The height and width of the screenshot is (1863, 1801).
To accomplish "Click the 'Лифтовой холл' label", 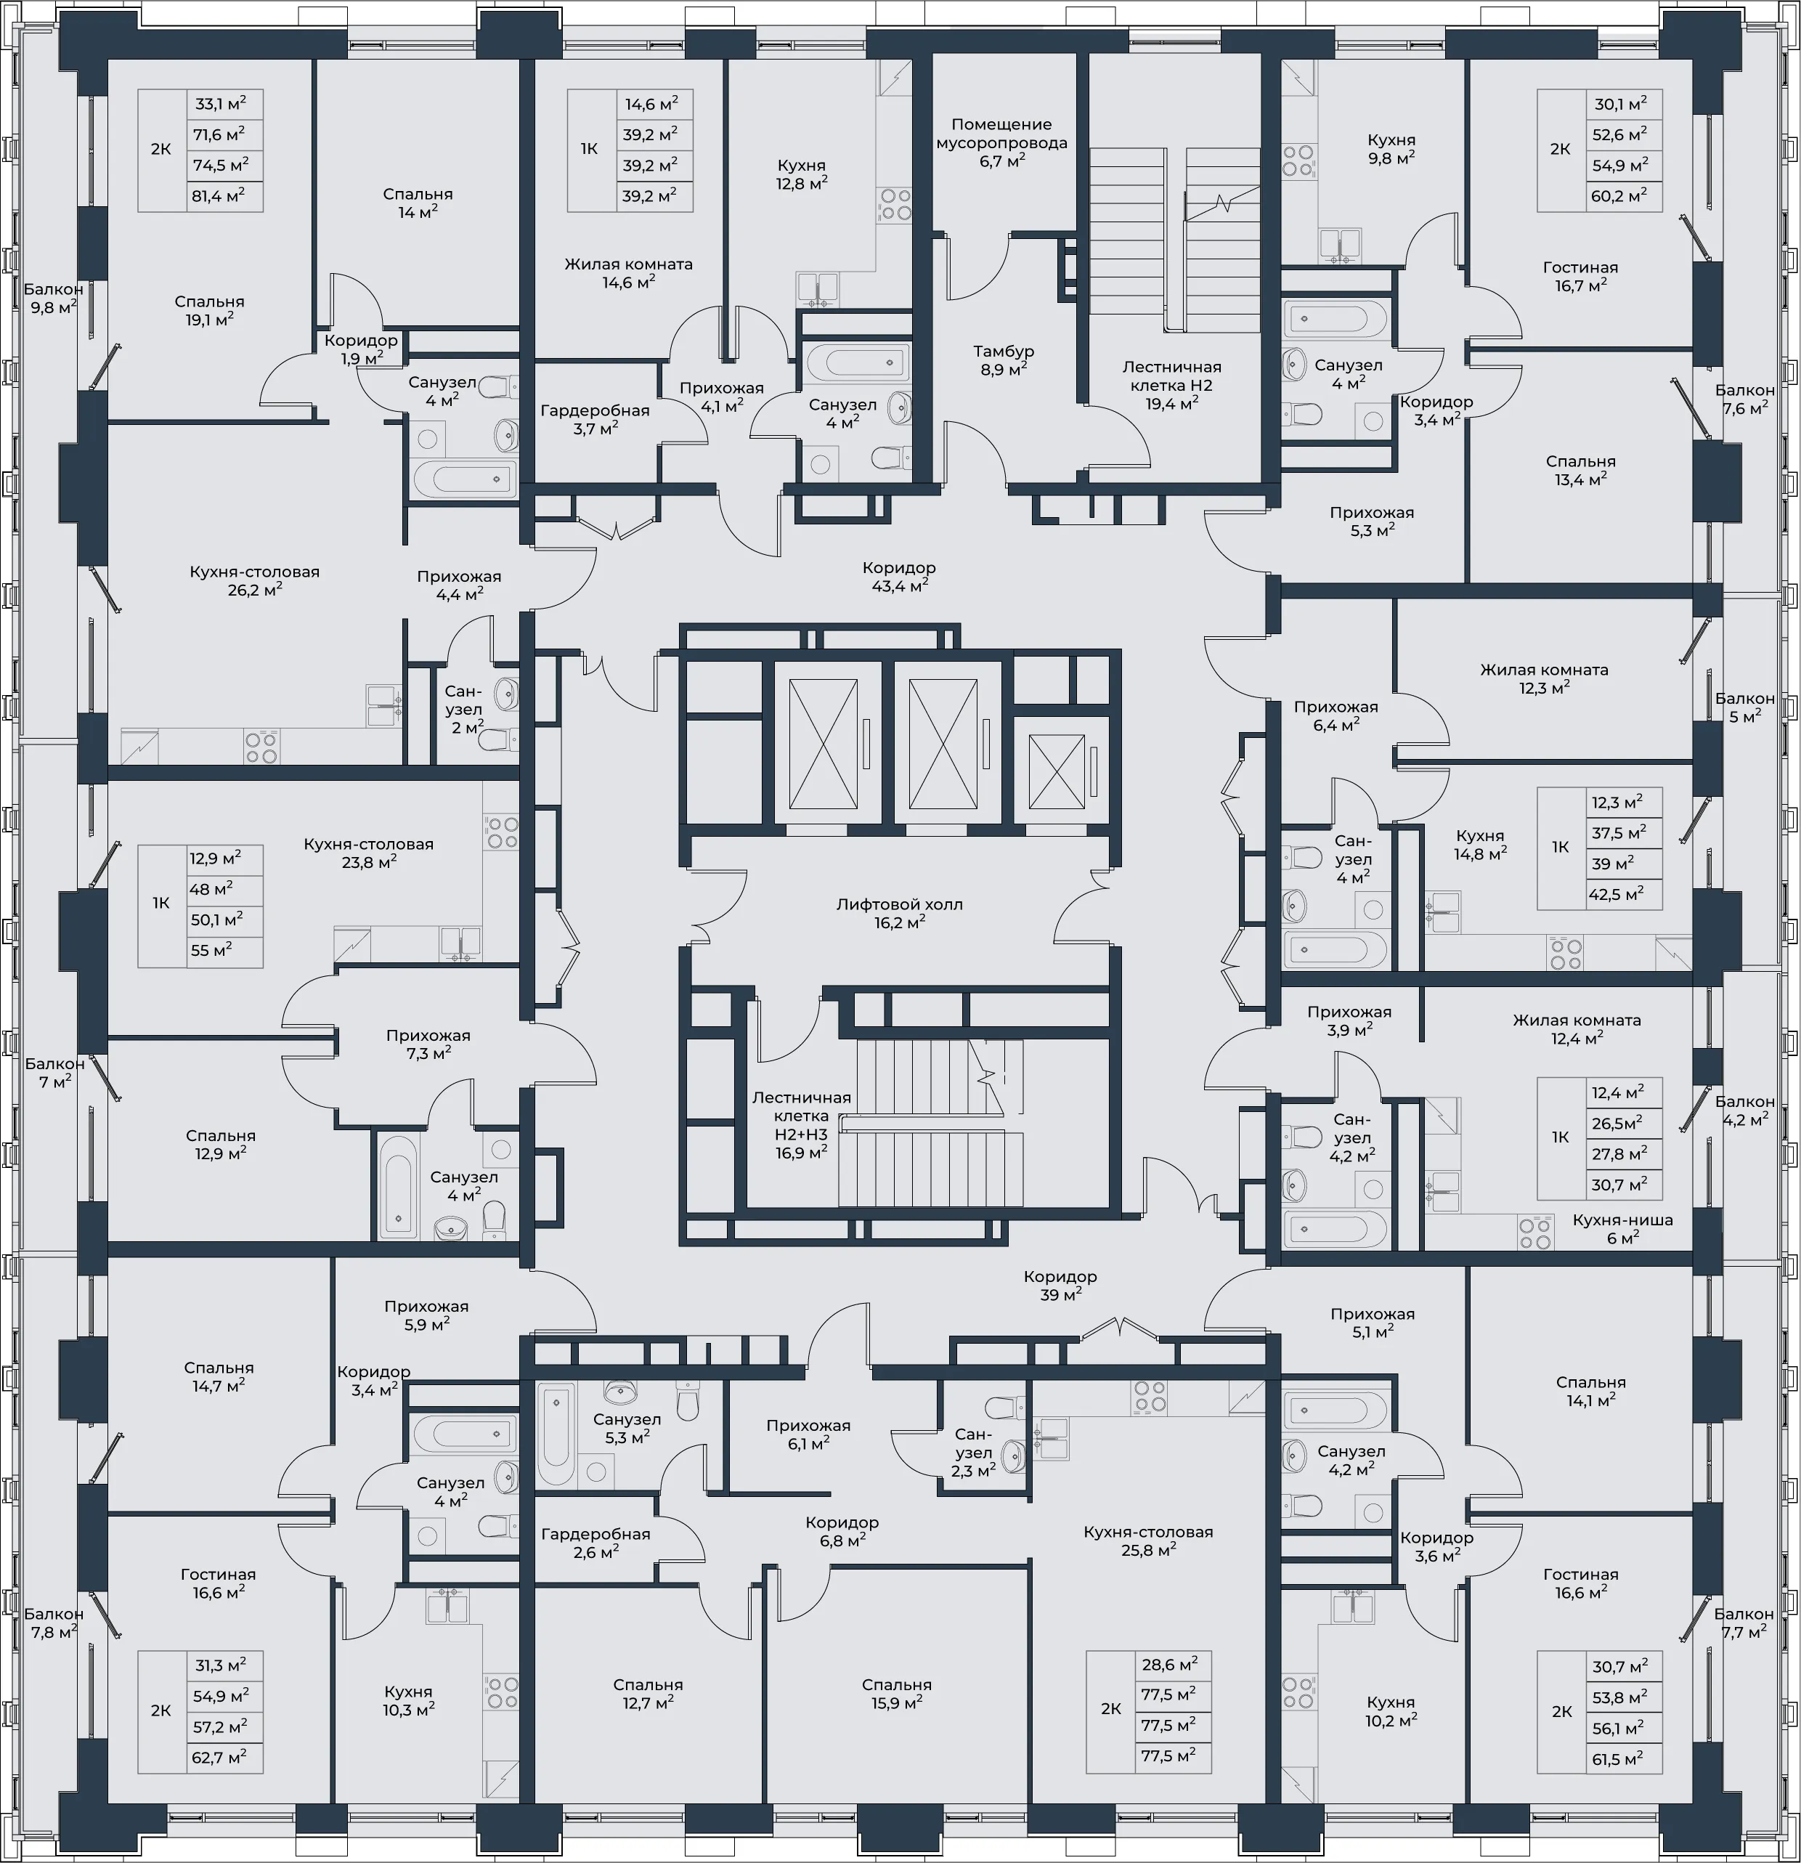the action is tap(899, 904).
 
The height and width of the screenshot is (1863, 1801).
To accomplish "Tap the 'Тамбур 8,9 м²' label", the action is tap(1004, 360).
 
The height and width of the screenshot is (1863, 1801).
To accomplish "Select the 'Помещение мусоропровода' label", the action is tap(1001, 133).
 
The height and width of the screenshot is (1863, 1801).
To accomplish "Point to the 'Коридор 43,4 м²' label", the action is tap(899, 576).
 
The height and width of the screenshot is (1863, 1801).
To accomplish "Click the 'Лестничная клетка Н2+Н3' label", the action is tap(801, 1116).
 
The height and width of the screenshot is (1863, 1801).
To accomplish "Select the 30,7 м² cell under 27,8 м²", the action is tap(1625, 1185).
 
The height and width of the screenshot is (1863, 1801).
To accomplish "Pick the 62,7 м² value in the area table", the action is tap(224, 1758).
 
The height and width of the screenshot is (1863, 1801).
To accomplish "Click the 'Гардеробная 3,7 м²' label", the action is tap(595, 419).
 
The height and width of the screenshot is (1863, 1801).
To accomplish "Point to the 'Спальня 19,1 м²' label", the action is tap(209, 310).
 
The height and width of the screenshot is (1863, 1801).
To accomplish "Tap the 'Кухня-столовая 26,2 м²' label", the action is tap(255, 580).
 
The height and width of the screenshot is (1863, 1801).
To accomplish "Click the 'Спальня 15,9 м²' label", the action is tap(896, 1693).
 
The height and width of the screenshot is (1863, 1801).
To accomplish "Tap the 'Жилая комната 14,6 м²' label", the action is tap(628, 272).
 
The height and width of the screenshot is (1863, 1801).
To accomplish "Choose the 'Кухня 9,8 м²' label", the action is tap(1391, 148).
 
